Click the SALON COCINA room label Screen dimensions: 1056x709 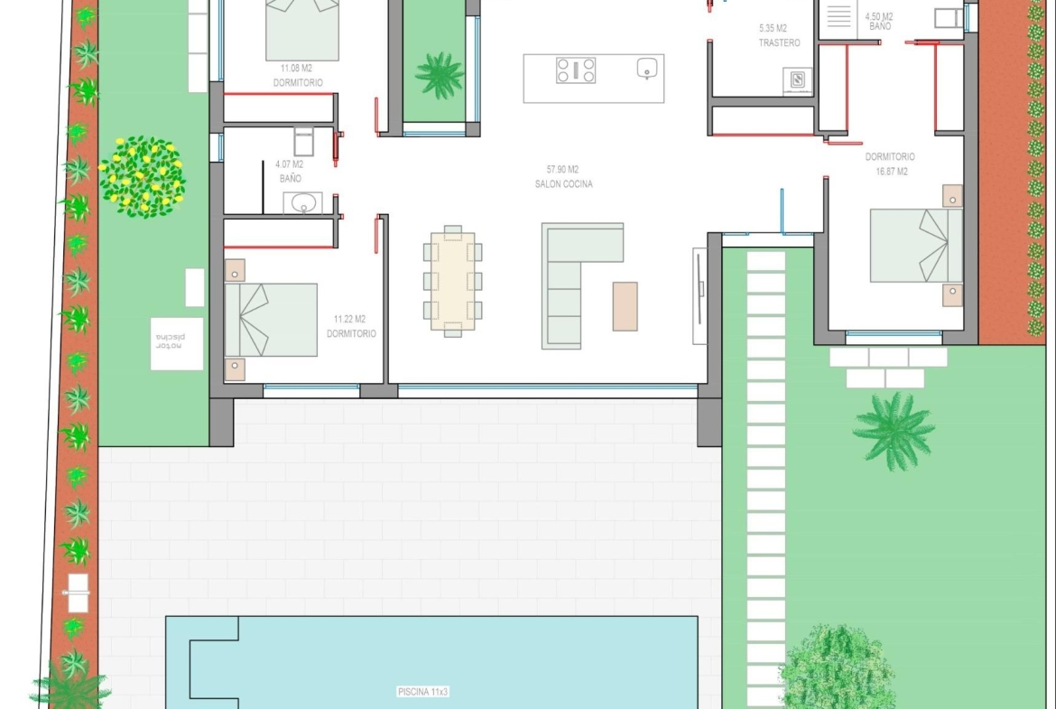point(564,184)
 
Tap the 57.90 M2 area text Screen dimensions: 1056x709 point(562,170)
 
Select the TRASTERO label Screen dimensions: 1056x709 point(779,42)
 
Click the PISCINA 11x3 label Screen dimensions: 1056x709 point(423,692)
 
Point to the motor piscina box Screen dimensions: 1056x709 point(177,344)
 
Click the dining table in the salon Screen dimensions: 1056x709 point(452,281)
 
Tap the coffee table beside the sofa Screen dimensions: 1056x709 point(625,307)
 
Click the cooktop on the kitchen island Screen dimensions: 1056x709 point(576,70)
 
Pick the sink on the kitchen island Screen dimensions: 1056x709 point(647,68)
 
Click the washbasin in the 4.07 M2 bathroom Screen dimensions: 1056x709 point(302,203)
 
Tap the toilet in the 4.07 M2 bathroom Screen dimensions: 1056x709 point(304,142)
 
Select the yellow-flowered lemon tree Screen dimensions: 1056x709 point(142,177)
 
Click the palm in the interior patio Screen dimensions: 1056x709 point(440,75)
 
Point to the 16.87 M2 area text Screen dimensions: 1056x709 point(892,172)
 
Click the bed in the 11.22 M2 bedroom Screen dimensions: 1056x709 point(271,320)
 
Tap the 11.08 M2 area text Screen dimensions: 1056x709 point(296,68)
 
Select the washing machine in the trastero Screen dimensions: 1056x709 point(797,81)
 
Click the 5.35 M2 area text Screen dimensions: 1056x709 point(773,28)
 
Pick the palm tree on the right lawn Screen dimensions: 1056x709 point(894,431)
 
